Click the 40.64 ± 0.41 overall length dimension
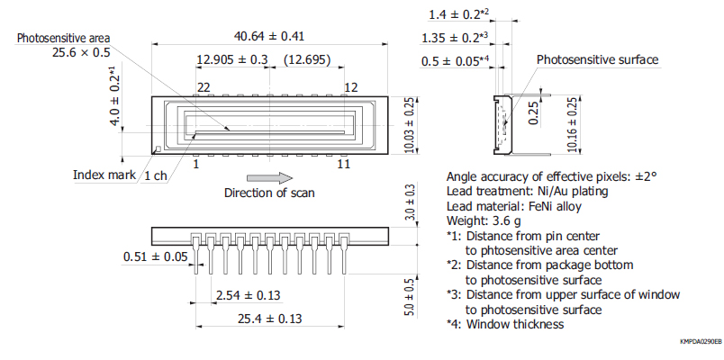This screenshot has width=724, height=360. point(269,36)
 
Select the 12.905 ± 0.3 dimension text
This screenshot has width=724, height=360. point(232,60)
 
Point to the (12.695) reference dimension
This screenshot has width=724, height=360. point(307,60)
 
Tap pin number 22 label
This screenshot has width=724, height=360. point(204,87)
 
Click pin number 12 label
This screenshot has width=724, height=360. point(351,87)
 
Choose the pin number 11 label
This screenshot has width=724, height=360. point(343,164)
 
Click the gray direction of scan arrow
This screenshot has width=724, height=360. point(269,178)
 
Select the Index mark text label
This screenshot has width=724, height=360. point(104,175)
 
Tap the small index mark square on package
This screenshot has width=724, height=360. point(158,149)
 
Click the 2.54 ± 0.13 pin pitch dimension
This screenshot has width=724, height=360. point(249,295)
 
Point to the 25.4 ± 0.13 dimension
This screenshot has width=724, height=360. point(269,319)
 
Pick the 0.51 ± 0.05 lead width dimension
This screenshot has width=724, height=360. point(156,256)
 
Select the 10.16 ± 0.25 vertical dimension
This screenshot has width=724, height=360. point(573,124)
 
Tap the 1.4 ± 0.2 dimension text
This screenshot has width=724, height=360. point(459,14)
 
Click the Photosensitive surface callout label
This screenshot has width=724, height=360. point(598,59)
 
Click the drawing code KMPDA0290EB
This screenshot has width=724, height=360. point(700,341)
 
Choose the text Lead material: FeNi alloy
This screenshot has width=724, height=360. point(514,206)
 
